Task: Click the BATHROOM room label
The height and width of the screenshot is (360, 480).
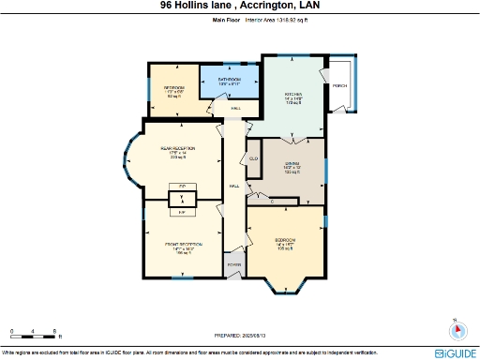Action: (x=230, y=80)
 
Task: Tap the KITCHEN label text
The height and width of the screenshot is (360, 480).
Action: (x=294, y=95)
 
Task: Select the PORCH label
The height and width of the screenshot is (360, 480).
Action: (x=338, y=86)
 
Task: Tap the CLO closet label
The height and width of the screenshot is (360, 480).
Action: (x=253, y=158)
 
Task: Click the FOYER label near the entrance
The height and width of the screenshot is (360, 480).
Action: (x=233, y=265)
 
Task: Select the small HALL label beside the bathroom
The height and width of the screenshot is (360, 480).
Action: (x=235, y=109)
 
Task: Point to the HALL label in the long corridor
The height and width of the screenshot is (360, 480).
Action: (x=234, y=186)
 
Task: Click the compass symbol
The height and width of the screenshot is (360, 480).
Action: (x=457, y=330)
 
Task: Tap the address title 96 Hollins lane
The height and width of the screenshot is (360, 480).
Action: (x=239, y=5)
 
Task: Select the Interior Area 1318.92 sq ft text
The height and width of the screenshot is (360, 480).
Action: (x=276, y=17)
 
